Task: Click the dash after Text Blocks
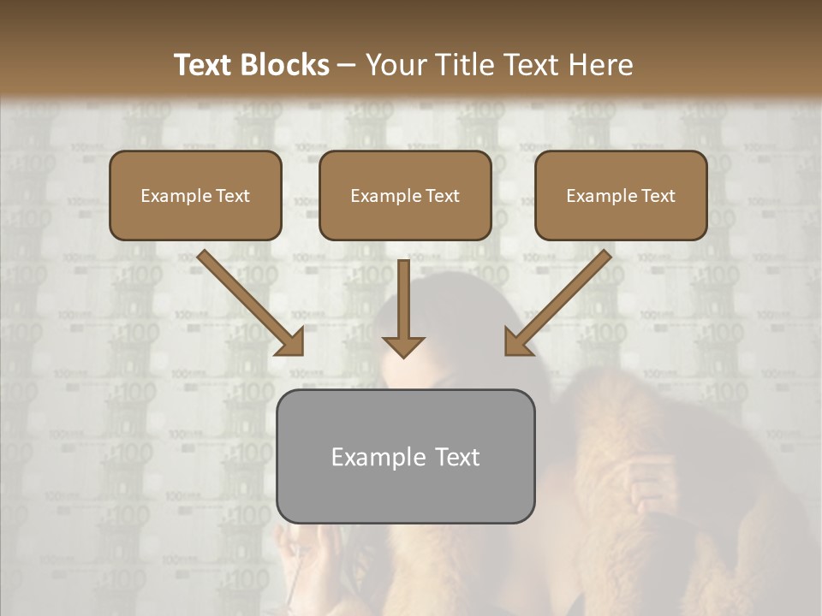click(x=347, y=66)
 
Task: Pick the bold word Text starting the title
click(x=205, y=65)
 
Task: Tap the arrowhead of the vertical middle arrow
click(x=403, y=346)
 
